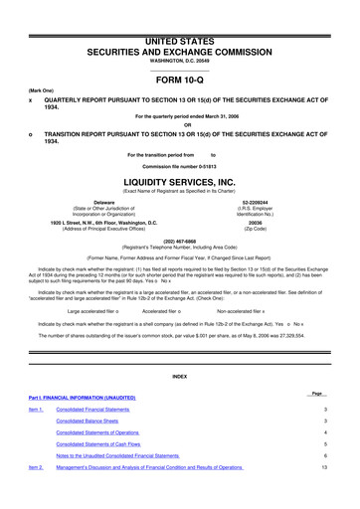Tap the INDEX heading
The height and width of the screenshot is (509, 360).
tap(180, 376)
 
